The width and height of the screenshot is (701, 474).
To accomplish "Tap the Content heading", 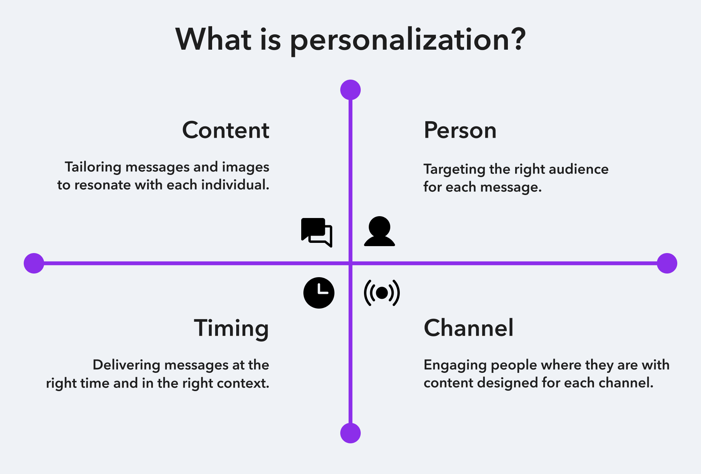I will pos(226,130).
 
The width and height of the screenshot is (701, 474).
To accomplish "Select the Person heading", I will pos(460,130).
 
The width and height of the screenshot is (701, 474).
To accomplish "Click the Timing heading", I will pos(231,328).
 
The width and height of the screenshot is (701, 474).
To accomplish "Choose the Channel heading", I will pos(469,328).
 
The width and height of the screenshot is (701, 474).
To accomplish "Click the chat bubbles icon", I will pos(317,232).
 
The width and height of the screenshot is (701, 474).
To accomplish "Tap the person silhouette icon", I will pos(379,232).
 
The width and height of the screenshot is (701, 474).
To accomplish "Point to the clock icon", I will pos(319,293).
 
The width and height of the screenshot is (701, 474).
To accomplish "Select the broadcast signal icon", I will pos(382,293).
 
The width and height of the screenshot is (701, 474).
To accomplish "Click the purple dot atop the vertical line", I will pos(350,90).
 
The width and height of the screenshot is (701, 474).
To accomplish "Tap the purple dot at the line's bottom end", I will pos(350,433).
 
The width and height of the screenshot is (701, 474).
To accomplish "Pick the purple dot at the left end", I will pos(34,263).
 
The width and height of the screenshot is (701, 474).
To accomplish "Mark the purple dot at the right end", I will pos(667,263).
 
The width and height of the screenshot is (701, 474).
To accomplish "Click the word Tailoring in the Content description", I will pos(93,167).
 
